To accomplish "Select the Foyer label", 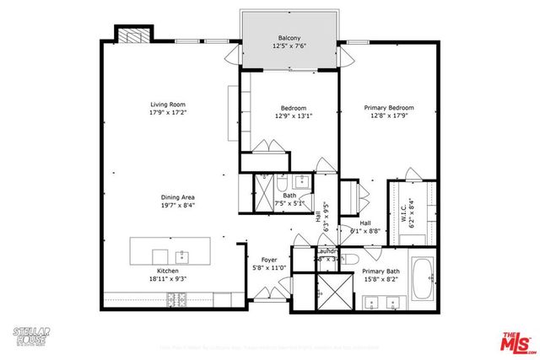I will click(x=269, y=261).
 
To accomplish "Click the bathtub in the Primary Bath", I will click(x=424, y=273).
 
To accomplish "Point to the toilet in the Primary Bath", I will click(x=354, y=259).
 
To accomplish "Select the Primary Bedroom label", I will click(x=388, y=108).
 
